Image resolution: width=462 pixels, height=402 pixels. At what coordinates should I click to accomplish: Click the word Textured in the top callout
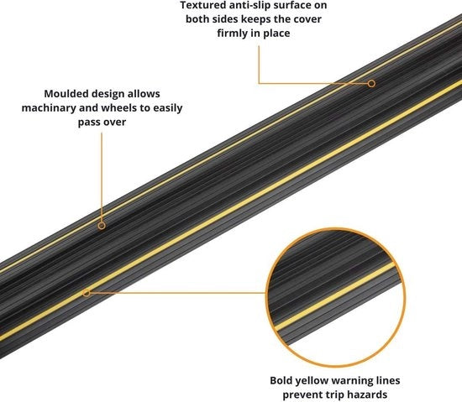click(200, 5)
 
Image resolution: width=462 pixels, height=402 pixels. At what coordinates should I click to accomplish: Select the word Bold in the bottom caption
click(281, 380)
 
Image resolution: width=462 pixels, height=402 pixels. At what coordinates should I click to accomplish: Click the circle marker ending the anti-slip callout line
click(371, 84)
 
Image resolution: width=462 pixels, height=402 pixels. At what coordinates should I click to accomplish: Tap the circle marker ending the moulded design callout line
click(102, 226)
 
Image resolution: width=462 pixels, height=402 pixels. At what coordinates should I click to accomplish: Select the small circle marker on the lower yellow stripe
click(87, 293)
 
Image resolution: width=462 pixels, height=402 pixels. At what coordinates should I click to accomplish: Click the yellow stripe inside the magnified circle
click(335, 296)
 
